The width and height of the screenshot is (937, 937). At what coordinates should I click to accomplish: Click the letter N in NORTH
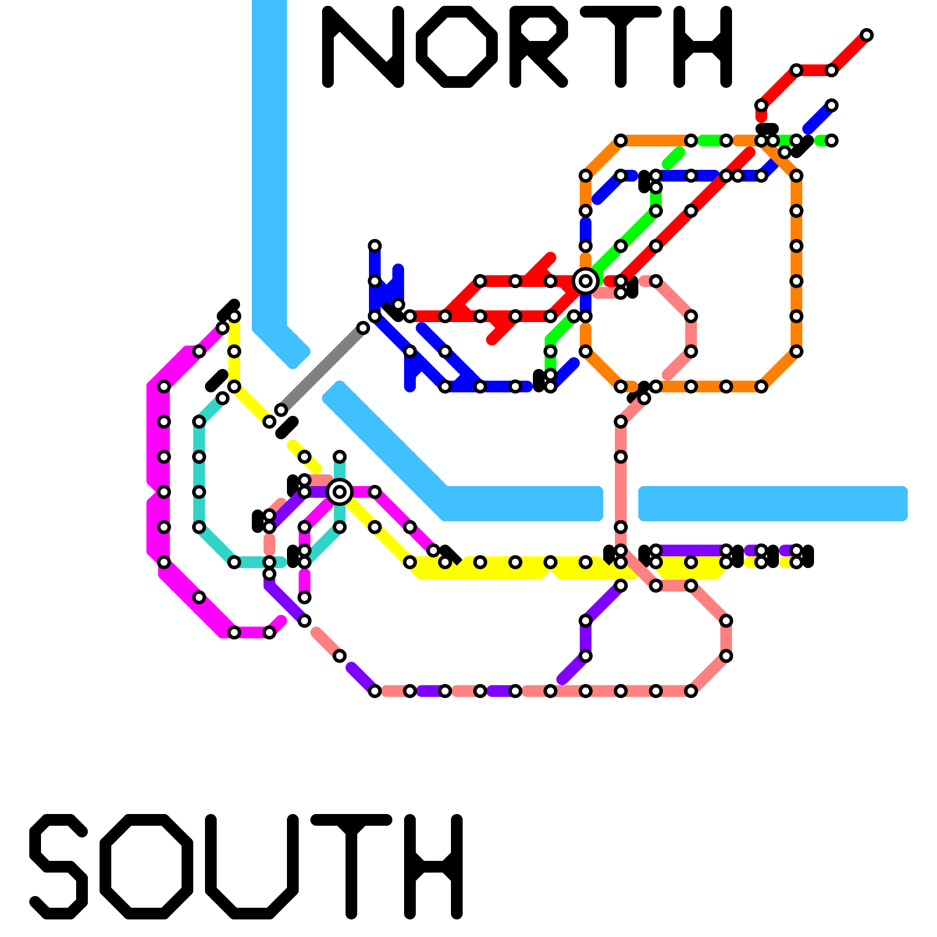point(363,47)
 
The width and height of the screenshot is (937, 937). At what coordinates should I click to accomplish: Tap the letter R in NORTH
point(536,47)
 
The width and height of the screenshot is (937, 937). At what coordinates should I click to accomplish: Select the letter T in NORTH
point(621,47)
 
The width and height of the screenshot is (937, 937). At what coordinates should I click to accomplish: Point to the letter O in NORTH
point(457,47)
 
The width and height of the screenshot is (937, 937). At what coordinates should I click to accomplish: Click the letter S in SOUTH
point(59,867)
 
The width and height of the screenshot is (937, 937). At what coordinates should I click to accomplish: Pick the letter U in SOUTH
point(252,867)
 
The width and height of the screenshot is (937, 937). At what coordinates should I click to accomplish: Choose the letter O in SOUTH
point(146,867)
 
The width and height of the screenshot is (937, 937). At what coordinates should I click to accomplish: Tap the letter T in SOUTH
point(351,867)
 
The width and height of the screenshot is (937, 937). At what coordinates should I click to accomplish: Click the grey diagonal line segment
point(322,369)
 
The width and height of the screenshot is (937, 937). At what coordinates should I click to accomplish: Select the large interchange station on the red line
point(586,281)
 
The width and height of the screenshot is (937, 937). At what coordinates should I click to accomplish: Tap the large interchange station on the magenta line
point(340,491)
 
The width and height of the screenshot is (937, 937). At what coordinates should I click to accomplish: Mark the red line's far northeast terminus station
point(867,35)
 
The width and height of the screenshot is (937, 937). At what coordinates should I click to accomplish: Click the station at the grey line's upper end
point(363,328)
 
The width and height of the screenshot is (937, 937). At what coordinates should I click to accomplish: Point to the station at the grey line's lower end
point(281,410)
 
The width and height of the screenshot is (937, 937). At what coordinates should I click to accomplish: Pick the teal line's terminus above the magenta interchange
point(340,457)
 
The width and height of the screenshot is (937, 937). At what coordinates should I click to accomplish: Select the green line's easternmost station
point(832,141)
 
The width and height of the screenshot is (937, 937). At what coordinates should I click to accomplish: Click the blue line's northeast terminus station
point(832,105)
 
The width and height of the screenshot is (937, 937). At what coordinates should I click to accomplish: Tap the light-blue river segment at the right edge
point(773,504)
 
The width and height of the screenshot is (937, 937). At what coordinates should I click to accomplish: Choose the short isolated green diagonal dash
point(673,158)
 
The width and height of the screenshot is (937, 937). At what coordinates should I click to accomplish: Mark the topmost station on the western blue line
point(375,246)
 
